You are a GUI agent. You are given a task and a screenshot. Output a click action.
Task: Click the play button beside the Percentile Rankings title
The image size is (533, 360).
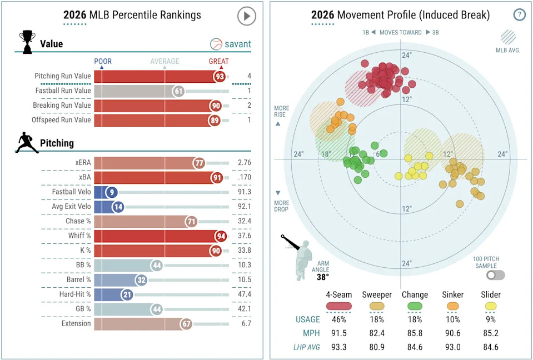[x=246, y=16]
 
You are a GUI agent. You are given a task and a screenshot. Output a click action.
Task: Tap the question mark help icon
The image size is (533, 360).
[x=519, y=15]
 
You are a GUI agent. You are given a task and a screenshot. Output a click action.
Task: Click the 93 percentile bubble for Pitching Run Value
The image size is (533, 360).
[x=221, y=76]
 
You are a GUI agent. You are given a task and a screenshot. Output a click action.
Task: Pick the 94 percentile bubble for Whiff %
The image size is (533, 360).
[x=221, y=236]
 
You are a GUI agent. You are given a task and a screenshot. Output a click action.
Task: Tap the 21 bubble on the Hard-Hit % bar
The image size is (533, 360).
[x=127, y=294]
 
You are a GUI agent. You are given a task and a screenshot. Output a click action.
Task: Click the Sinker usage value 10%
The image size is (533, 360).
[x=452, y=319]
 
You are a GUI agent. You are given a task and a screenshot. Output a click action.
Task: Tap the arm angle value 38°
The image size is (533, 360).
[x=322, y=276]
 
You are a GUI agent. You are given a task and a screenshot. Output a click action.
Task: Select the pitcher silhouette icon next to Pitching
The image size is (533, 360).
[x=27, y=142]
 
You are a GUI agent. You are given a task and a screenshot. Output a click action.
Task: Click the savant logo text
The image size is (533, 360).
[x=237, y=44]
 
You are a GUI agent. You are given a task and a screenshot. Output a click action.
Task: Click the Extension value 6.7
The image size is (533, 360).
[x=243, y=323]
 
